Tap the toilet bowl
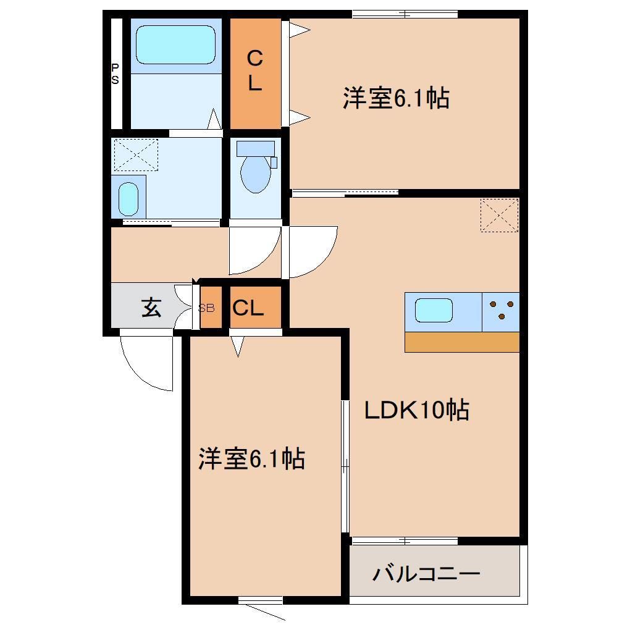254,174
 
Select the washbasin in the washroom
128,198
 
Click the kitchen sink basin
434,309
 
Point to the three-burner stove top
501,309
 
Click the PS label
115,74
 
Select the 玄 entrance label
151,307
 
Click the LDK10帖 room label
416,409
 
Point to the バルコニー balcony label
426,574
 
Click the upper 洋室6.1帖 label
396,98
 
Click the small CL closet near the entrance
248,308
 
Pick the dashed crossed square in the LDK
499,215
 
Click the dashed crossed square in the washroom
136,154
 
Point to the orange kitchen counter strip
461,342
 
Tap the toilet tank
255,148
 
